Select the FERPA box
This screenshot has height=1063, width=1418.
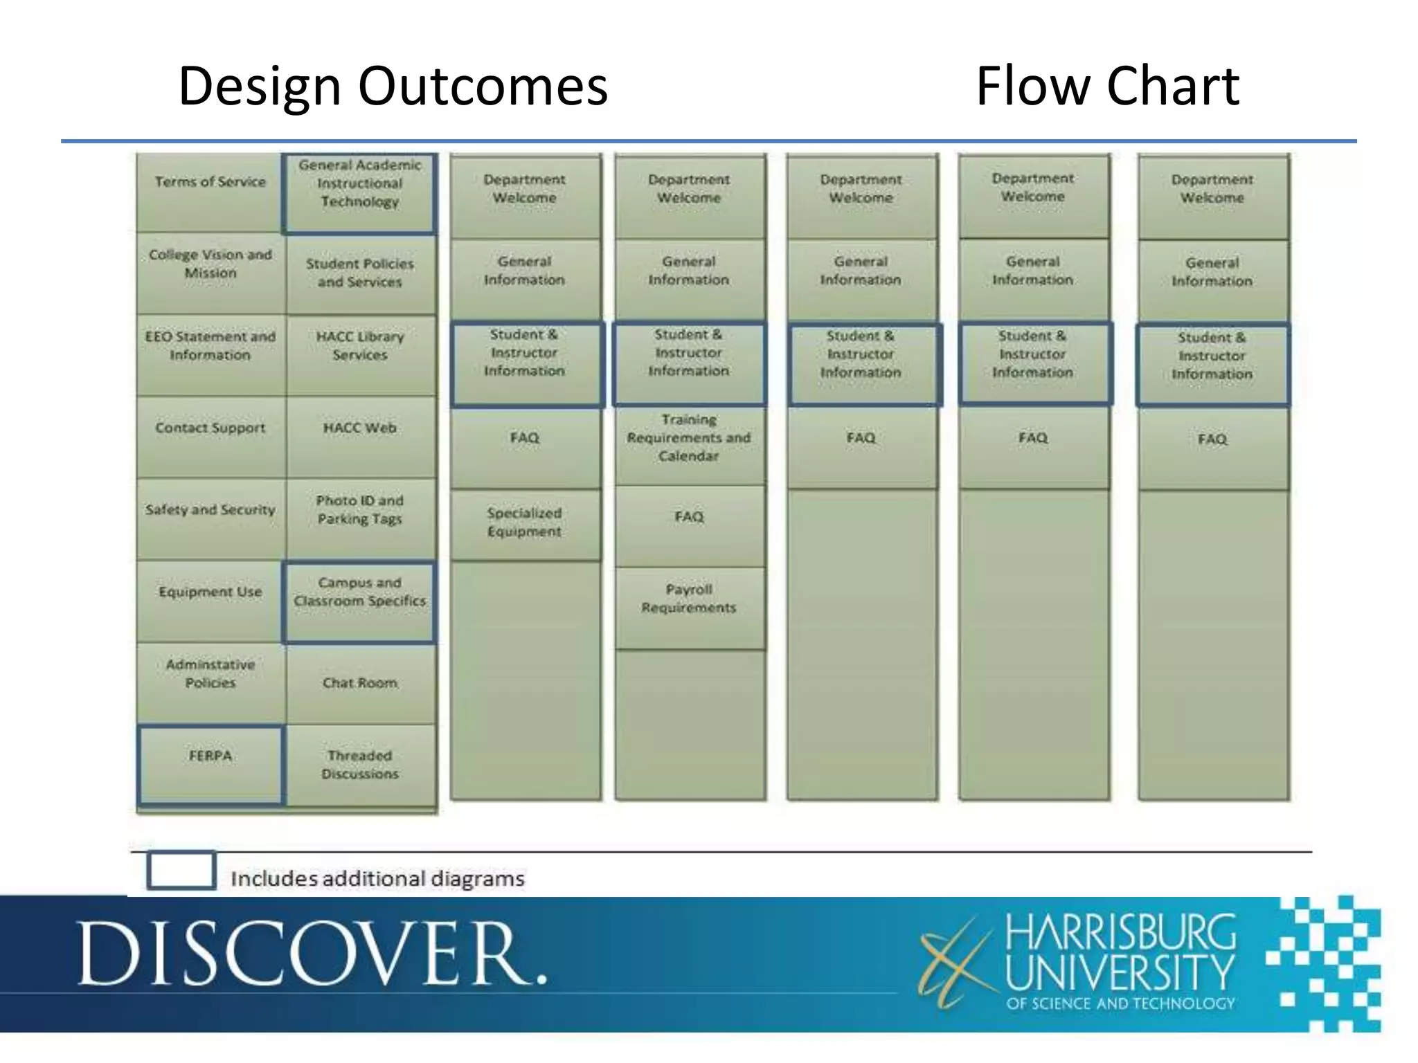coord(210,764)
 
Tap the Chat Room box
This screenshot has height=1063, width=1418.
coord(360,684)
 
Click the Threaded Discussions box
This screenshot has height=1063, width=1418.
coord(360,765)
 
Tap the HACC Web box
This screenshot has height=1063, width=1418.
coord(360,436)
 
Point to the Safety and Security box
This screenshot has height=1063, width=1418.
coord(210,518)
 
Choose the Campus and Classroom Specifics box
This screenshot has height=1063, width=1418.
coord(359,601)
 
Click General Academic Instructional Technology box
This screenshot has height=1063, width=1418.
coord(359,192)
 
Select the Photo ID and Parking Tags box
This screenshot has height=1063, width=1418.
coord(360,518)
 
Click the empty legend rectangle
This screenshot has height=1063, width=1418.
coord(181,870)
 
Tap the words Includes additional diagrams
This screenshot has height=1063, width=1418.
coord(377,879)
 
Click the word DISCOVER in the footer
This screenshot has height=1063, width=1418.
coord(312,954)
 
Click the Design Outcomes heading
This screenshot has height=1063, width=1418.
coord(393,86)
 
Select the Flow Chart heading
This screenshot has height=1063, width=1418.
coord(1107,86)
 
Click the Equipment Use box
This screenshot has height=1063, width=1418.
coord(210,599)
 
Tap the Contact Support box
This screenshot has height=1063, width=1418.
coord(210,436)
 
